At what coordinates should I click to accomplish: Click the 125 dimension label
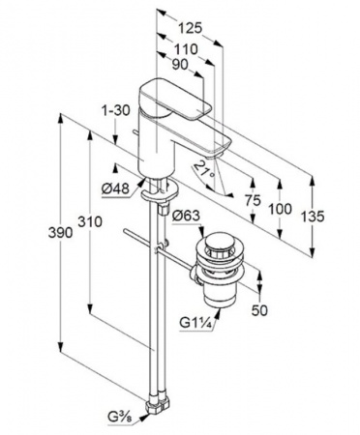coord(191,28)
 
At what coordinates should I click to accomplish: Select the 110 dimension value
coord(186,49)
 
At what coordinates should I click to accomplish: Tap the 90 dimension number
coord(180,65)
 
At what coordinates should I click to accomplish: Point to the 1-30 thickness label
coord(116,110)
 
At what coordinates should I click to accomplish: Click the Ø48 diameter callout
coord(115,188)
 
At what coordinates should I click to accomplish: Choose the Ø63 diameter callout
coord(186,216)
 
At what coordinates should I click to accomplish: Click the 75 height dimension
coord(253,201)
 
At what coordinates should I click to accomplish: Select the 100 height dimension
coord(280,210)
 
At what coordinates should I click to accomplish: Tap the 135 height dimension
coord(312,217)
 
